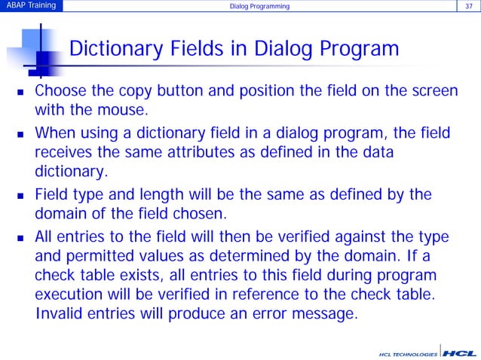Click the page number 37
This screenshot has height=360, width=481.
(470, 7)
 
